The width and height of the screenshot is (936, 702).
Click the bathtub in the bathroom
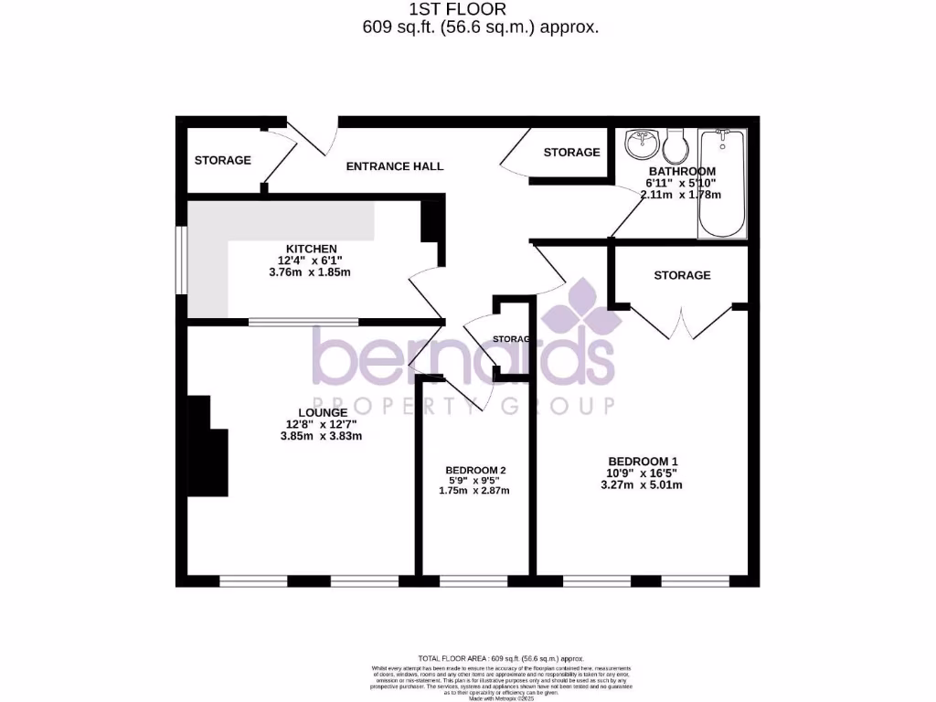[x=722, y=184]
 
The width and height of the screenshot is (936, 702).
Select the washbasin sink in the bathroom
[x=643, y=144]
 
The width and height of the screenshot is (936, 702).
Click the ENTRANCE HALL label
[x=394, y=166]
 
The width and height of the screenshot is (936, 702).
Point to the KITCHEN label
[x=312, y=249]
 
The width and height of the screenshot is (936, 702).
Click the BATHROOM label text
[x=682, y=171]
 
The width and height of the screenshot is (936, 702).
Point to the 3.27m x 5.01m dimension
[x=642, y=484]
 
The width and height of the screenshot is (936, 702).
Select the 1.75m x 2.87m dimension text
[x=473, y=491]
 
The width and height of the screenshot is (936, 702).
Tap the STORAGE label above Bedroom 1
[x=682, y=275]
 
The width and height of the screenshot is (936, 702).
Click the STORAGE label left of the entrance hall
[x=222, y=160]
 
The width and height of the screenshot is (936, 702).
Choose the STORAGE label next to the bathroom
[x=571, y=152]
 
